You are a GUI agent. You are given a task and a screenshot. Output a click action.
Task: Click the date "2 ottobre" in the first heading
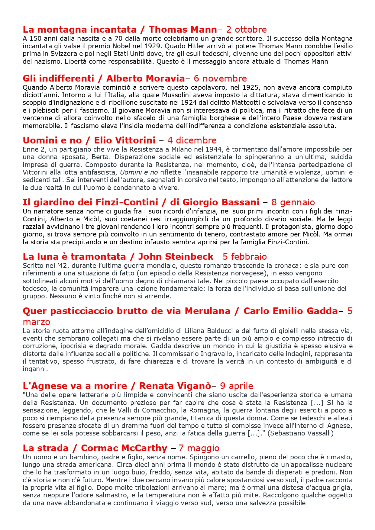246,30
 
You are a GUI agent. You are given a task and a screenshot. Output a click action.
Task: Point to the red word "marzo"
36,322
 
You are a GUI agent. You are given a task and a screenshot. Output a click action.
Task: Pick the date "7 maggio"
199,448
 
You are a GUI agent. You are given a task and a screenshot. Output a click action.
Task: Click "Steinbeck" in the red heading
176,257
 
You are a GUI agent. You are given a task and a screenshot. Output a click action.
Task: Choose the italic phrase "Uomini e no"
139,172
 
